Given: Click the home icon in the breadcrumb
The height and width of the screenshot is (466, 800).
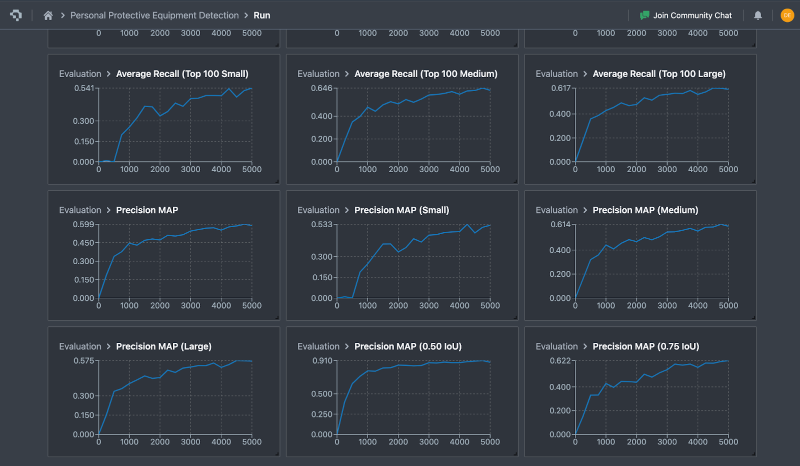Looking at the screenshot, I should point(48,16).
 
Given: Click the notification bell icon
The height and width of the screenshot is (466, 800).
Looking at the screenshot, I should point(757,16).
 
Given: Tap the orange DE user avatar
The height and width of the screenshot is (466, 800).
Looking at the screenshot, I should point(787,16).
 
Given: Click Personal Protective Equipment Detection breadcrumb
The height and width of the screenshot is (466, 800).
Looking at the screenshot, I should point(154,16).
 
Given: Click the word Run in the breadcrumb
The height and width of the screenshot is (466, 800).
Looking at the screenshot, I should point(261,16).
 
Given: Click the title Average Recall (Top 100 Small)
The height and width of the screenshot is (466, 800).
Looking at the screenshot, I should point(182,74).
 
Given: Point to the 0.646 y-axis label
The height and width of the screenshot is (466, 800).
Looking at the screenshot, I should point(321,88).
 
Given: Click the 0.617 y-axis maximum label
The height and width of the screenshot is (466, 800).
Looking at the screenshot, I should point(560,88).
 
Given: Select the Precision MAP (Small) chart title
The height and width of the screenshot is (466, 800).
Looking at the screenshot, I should point(401,210).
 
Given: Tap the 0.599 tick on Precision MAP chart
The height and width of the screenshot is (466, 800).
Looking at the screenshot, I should point(83,224).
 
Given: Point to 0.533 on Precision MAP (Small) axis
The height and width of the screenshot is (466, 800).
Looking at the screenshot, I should point(321,224).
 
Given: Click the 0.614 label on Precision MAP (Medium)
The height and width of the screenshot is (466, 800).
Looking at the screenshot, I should point(560,224).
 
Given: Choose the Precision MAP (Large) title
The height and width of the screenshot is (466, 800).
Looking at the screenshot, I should point(163,346).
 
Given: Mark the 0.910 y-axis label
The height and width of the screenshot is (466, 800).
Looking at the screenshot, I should point(322,361).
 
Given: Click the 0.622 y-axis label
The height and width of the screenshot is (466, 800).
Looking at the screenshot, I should point(560,361).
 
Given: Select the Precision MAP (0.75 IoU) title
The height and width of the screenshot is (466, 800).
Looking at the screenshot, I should point(645,346).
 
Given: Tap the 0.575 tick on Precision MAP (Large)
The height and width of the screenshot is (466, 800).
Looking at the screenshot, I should point(83,361).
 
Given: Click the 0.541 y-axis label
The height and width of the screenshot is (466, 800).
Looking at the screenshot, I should point(84,88).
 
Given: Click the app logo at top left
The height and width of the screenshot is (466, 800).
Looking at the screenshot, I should point(16,16).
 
